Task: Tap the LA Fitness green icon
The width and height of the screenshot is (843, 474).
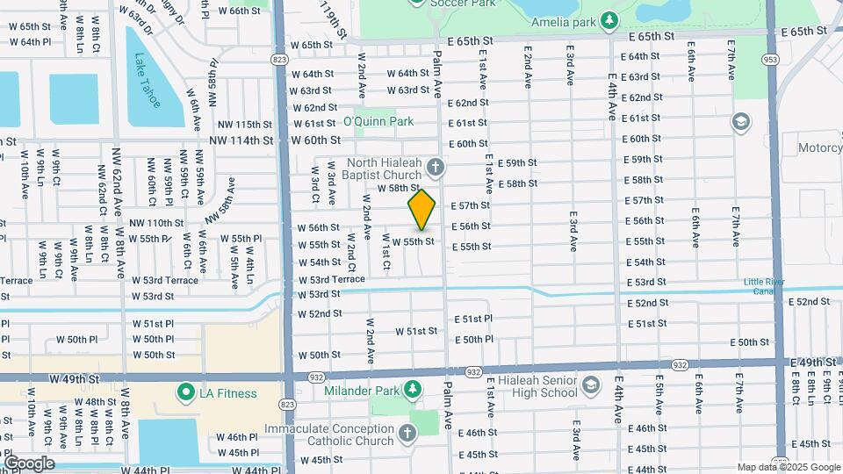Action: tap(185, 392)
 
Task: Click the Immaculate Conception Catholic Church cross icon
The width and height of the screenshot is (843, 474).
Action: tap(407, 432)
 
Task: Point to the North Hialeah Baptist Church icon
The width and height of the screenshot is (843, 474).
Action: tap(434, 167)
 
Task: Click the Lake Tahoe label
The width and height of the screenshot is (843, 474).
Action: tap(148, 81)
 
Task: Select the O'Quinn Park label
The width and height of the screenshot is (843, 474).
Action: tap(378, 121)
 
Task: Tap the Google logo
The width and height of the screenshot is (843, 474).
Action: tap(28, 463)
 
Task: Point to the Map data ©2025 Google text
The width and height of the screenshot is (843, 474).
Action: tap(787, 467)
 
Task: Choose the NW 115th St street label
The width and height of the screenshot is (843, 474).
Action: tap(241, 125)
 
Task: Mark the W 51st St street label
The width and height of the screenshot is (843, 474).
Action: tap(416, 331)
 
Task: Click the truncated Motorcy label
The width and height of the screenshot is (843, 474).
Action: tap(819, 147)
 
